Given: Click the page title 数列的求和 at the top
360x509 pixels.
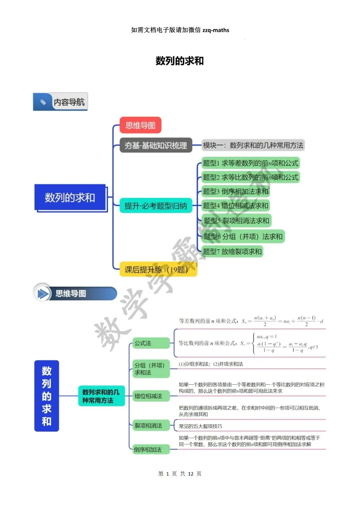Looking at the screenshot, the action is [x=180, y=61].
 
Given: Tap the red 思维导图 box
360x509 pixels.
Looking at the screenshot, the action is [x=140, y=125].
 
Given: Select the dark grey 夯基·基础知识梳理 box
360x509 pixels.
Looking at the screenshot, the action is [x=156, y=145].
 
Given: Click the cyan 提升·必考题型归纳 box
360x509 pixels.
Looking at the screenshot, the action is [x=156, y=206].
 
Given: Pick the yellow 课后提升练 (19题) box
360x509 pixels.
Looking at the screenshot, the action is [x=158, y=269].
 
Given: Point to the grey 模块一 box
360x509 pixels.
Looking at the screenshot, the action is [x=253, y=145].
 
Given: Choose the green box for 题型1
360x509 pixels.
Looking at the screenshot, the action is [x=250, y=163].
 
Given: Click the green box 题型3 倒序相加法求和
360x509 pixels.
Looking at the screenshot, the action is [x=235, y=191].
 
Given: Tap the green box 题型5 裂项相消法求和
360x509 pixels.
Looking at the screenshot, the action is [x=236, y=220].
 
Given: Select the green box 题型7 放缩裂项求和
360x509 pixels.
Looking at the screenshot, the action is [x=232, y=251].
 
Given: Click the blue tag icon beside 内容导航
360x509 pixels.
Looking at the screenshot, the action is [x=43, y=102].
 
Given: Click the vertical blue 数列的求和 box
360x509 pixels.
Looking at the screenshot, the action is [x=47, y=396].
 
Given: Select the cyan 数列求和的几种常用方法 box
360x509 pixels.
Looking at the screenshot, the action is [x=101, y=396].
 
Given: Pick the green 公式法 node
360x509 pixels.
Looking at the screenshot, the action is [x=151, y=343].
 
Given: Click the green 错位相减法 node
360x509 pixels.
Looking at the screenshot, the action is [x=151, y=396].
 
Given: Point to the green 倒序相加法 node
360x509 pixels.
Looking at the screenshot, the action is [x=151, y=449].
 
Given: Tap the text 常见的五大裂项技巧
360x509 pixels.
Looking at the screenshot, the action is [x=200, y=426].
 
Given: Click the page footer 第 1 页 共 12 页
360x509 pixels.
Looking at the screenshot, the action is [x=180, y=474].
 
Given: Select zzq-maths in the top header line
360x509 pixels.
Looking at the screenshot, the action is [x=216, y=30].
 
